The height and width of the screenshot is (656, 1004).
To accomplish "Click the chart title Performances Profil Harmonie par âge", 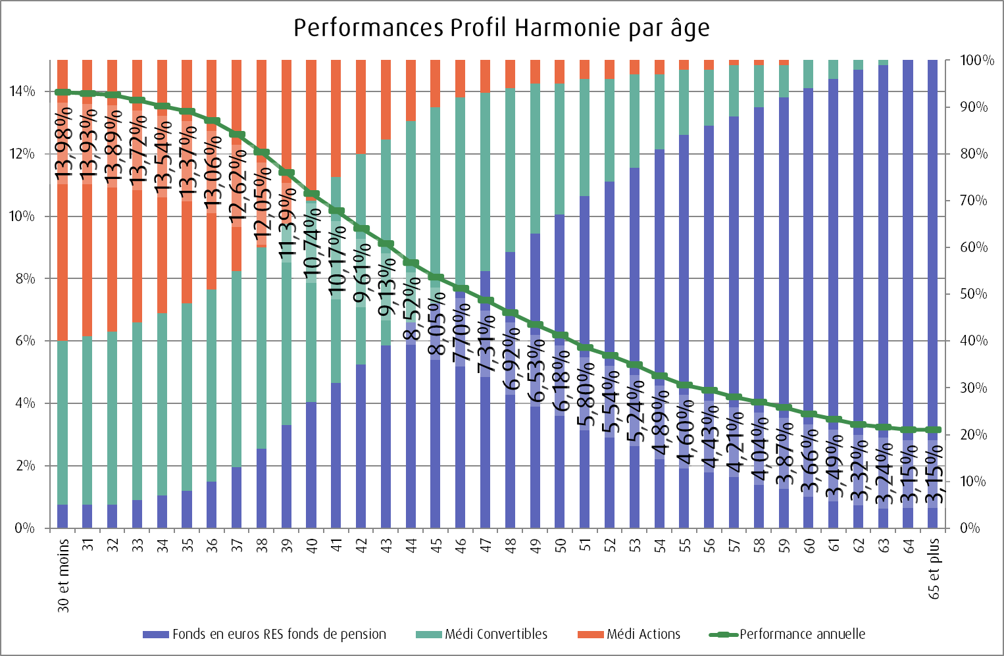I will click(501, 28).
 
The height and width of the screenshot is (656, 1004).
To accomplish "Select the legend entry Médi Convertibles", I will click(495, 634).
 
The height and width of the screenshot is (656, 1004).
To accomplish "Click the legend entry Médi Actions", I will click(643, 634).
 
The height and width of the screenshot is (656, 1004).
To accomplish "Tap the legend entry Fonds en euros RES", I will click(278, 634).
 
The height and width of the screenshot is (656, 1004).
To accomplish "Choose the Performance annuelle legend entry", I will click(801, 634).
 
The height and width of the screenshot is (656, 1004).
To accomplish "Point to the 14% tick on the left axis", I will click(22, 91).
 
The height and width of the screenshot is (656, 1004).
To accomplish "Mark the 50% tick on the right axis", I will click(973, 294).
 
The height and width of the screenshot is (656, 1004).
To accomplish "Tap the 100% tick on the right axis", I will click(976, 61).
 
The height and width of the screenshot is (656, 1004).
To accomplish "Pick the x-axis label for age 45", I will click(436, 545).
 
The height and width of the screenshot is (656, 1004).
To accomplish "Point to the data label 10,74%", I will click(312, 241).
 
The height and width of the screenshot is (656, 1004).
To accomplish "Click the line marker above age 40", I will click(312, 194).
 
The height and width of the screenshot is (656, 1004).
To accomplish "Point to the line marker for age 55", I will click(685, 385).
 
